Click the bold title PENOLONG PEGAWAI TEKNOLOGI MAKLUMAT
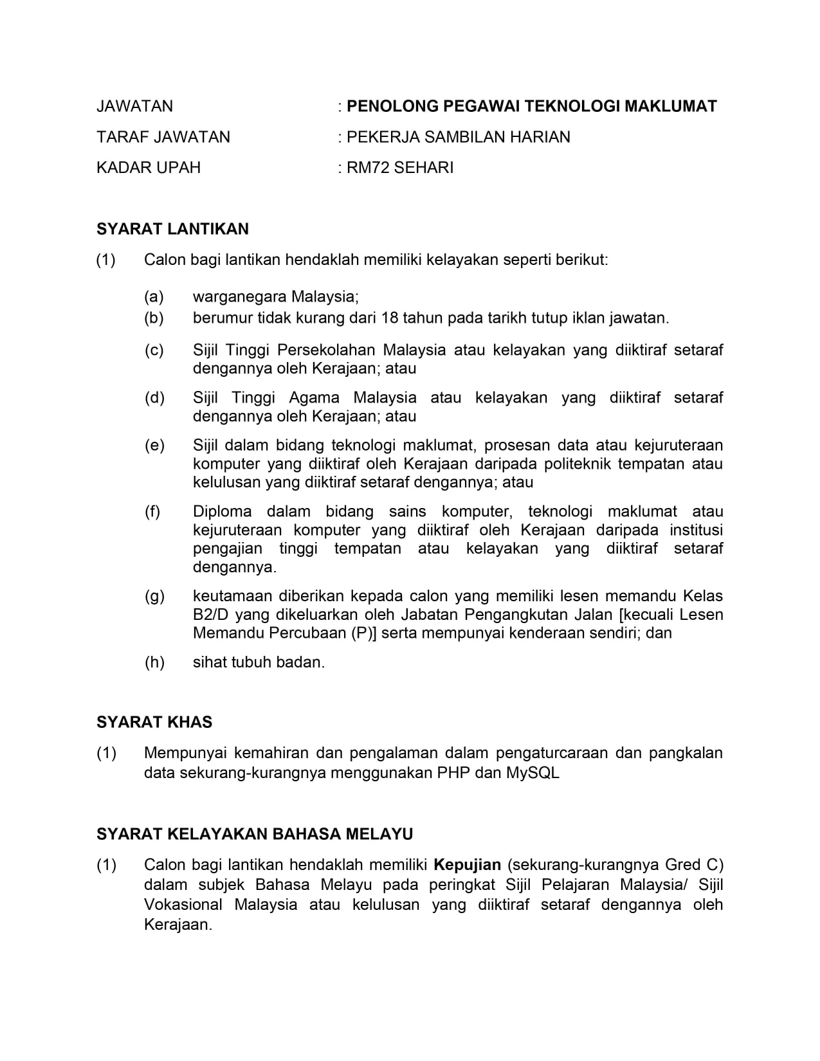pyautogui.click(x=531, y=106)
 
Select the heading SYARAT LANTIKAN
pyautogui.click(x=172, y=230)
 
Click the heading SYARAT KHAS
pyautogui.click(x=154, y=722)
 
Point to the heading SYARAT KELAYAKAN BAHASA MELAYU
pyautogui.click(x=255, y=835)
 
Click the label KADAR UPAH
pyautogui.click(x=149, y=168)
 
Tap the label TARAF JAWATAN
pyautogui.click(x=163, y=137)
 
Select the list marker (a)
pyautogui.click(x=154, y=297)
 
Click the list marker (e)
pyautogui.click(x=154, y=446)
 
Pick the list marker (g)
pyautogui.click(x=154, y=596)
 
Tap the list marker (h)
pyautogui.click(x=154, y=662)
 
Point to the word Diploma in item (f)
pyautogui.click(x=223, y=512)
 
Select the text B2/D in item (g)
pyautogui.click(x=211, y=615)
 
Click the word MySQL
pyautogui.click(x=533, y=773)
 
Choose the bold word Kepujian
pyautogui.click(x=468, y=865)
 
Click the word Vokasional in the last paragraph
pyautogui.click(x=183, y=905)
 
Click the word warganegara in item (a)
pyautogui.click(x=239, y=297)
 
